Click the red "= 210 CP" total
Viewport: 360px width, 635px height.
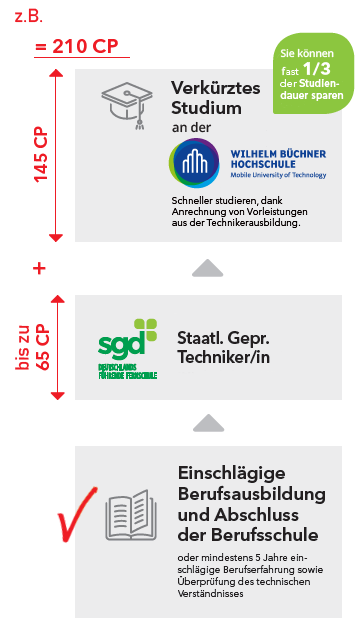coord(76,47)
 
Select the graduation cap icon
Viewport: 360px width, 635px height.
coord(127,100)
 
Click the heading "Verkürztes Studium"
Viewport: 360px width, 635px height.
coord(215,97)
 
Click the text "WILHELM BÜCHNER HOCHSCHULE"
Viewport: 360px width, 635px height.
coord(278,159)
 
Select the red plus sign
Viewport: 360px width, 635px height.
coord(39,268)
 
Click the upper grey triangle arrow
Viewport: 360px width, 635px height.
coord(208,268)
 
